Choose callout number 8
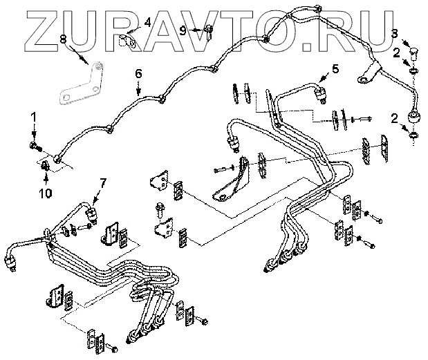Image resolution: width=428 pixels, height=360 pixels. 64,39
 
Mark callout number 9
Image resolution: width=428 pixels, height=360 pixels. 183,30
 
